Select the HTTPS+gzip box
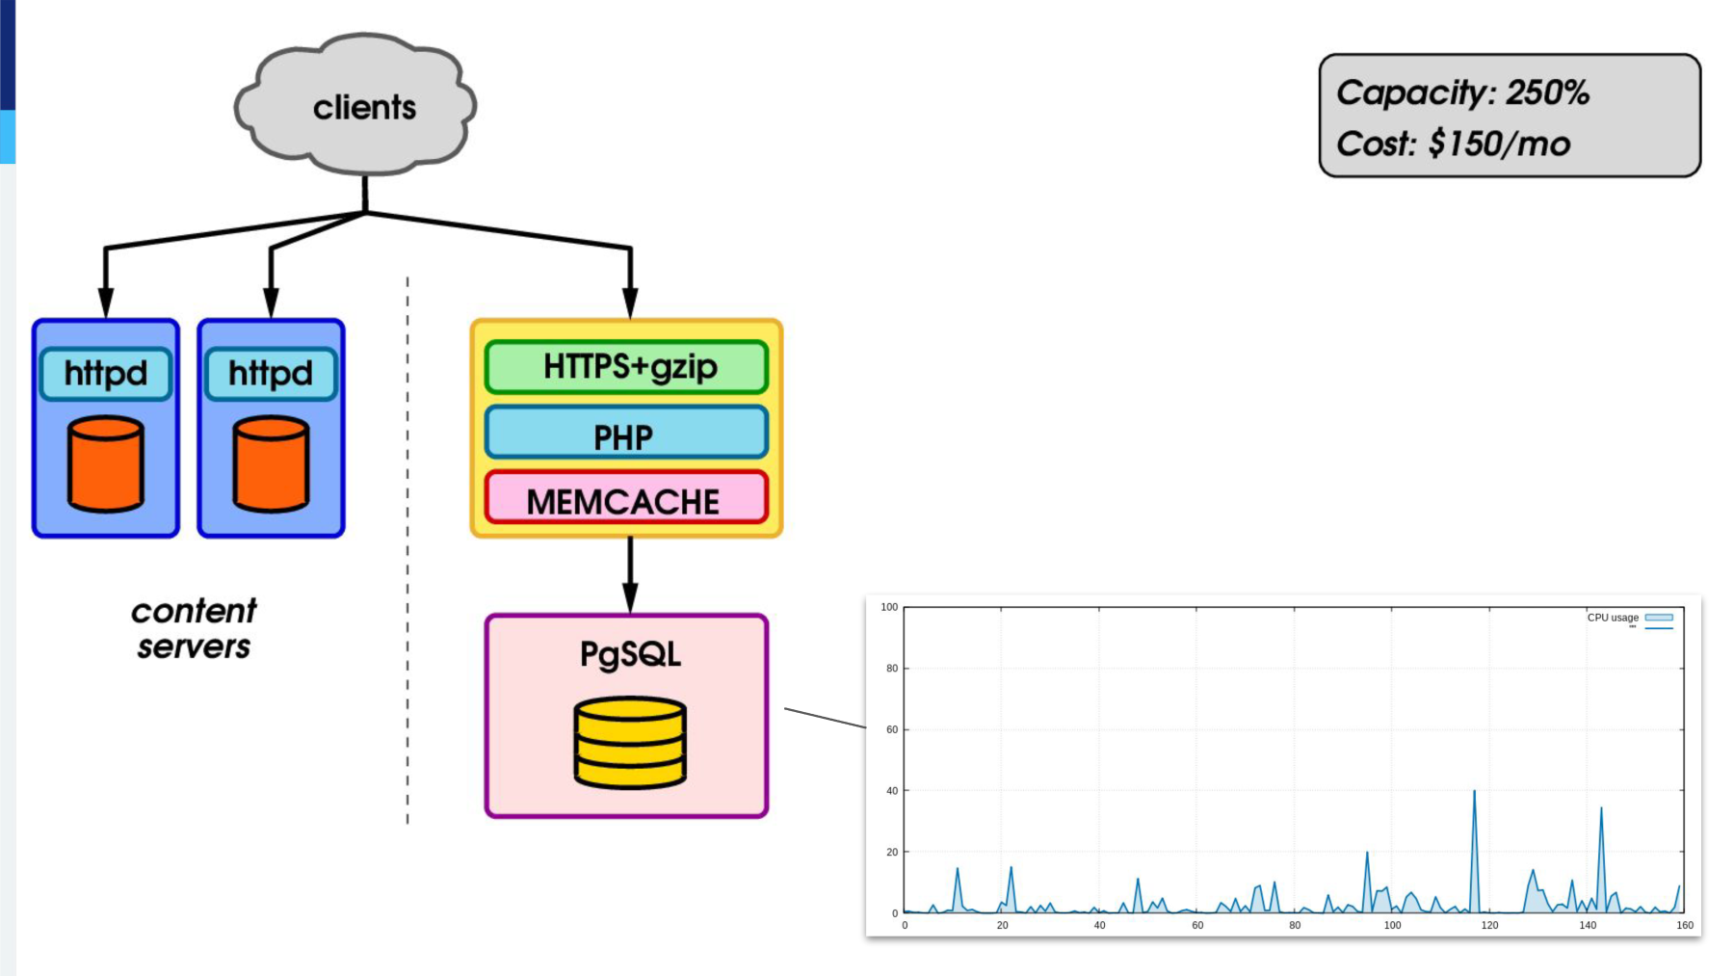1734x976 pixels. [x=627, y=367]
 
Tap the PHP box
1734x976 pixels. [x=627, y=433]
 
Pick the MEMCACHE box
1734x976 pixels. [x=627, y=498]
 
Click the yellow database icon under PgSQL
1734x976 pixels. [x=630, y=743]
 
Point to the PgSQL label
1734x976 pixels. [x=630, y=654]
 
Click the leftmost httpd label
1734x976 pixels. [x=106, y=373]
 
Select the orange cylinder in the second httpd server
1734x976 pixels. [x=272, y=463]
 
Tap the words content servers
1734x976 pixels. [x=194, y=628]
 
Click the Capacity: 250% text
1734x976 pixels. [x=1462, y=93]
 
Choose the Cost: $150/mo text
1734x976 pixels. [x=1453, y=145]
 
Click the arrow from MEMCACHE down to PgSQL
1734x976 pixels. [x=630, y=575]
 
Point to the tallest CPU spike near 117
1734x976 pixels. [x=1474, y=792]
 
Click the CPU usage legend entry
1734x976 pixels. [x=1630, y=618]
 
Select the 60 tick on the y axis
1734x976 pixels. [x=892, y=729]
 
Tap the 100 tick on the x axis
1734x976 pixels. [x=1392, y=925]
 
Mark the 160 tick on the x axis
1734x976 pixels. [x=1684, y=925]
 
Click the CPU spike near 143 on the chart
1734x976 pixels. [x=1601, y=809]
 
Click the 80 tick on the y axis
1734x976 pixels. [x=892, y=668]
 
